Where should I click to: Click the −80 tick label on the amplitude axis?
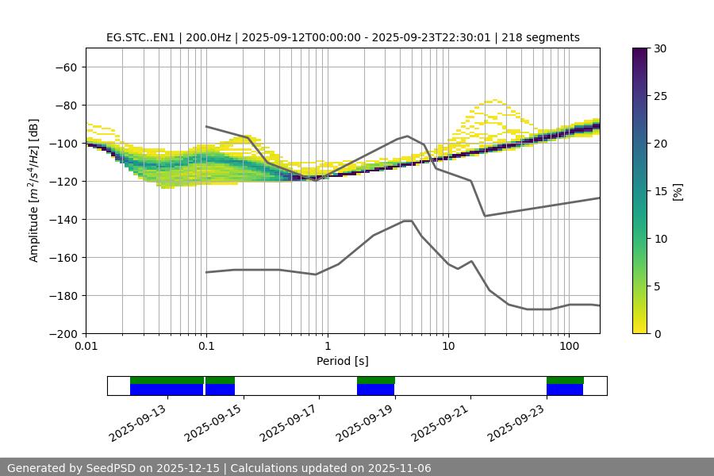[66, 106]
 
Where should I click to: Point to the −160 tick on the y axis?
[66, 258]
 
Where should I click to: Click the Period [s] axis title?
[342, 361]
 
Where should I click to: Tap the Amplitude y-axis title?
[34, 190]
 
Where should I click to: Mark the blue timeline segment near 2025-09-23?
[565, 390]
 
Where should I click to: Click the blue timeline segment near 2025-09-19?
[376, 390]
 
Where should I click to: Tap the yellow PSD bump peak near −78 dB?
[495, 101]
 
